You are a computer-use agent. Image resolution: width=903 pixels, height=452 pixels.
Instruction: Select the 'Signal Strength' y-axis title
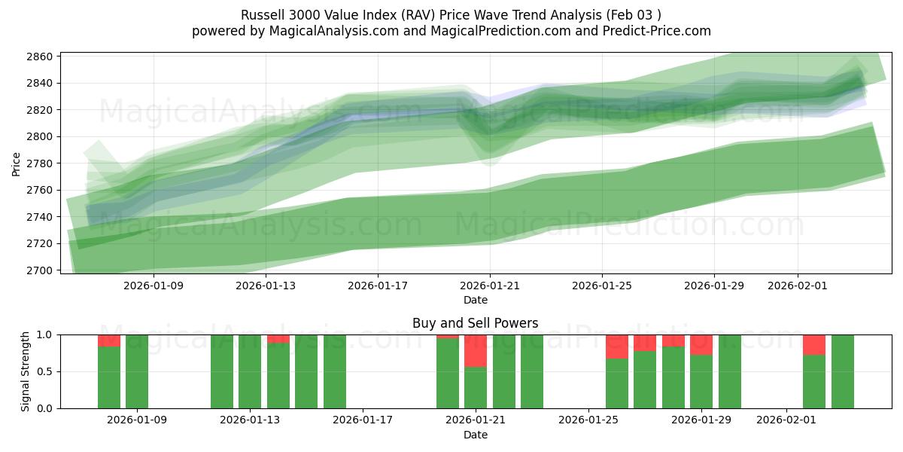pyautogui.click(x=26, y=371)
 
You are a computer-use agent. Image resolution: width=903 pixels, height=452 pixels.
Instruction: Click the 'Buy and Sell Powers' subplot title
pyautogui.click(x=475, y=323)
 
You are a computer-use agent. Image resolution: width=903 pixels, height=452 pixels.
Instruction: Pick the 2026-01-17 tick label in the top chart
pyautogui.click(x=378, y=286)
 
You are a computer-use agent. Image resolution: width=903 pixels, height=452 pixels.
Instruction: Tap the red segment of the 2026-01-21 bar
pyautogui.click(x=476, y=350)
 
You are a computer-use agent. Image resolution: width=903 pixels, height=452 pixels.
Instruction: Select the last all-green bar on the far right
pyautogui.click(x=842, y=371)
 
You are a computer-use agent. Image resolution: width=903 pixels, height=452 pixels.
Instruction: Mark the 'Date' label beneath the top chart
pyautogui.click(x=475, y=300)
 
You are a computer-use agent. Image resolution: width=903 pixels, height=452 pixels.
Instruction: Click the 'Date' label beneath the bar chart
pyautogui.click(x=475, y=435)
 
